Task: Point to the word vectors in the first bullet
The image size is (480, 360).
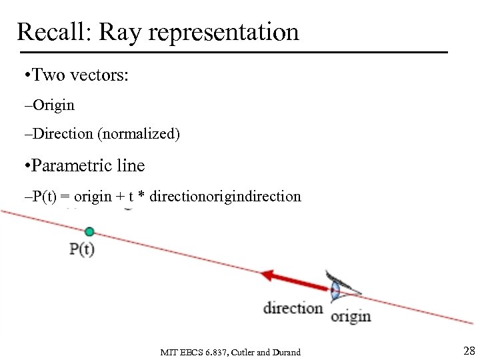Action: click(x=100, y=75)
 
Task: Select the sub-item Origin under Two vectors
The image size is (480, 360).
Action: click(x=53, y=105)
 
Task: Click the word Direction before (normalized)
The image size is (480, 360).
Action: click(x=63, y=134)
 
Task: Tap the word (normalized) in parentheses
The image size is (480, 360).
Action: click(x=139, y=134)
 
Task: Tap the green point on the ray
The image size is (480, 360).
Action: click(x=89, y=232)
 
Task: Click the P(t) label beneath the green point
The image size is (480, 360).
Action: click(x=82, y=249)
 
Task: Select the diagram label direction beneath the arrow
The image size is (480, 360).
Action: click(x=293, y=308)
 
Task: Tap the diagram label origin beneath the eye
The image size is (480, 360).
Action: click(x=351, y=316)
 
